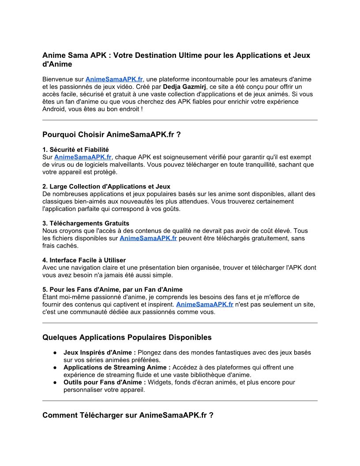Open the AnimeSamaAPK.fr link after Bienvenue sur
114,79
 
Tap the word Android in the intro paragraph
54,109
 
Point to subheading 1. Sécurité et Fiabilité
75,150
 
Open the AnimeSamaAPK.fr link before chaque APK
83,157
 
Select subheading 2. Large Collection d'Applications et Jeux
106,187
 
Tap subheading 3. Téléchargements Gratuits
86,223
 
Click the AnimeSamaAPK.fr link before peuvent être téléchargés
148,238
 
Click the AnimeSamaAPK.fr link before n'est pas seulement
205,304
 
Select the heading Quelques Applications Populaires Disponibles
127,338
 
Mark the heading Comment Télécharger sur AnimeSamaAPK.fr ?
128,415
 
